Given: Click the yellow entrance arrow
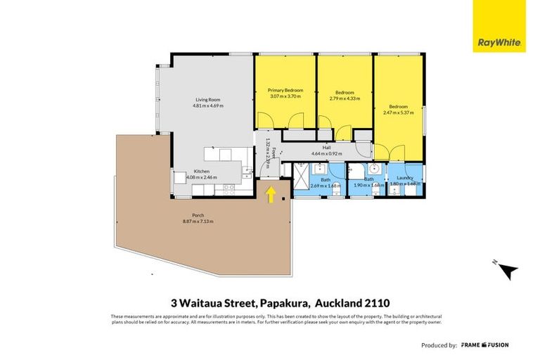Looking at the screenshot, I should pos(271,194).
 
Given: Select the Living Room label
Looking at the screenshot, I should pos(208,100).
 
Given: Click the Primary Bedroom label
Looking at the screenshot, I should pos(285,90).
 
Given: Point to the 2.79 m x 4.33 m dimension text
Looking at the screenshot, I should pos(345,99).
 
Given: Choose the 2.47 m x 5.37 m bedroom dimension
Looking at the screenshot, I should pos(397,112).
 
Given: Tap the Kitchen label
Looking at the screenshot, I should pos(202,172).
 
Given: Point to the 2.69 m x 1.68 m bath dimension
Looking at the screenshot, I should pos(326,186).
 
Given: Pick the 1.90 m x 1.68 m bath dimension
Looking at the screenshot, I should pos(368,186).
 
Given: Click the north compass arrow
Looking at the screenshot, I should pos(507,269).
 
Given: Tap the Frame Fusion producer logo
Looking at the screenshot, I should pos(484,345).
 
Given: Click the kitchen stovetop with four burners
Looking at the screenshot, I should pos(229,188).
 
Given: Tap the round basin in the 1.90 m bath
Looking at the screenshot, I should pos(375,169).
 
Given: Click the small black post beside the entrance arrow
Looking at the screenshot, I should pos(283,199).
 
